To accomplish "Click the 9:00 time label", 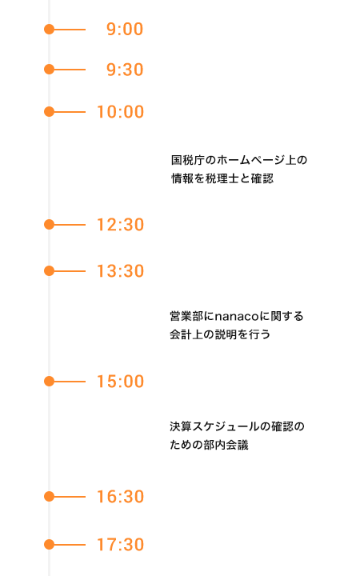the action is pos(125,29).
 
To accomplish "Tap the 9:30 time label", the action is pos(125,70).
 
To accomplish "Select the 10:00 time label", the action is pos(120,112).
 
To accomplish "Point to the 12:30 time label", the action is pos(120,225).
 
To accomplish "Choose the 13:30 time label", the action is pos(120,271).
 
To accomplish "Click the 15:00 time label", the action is pos(120,382).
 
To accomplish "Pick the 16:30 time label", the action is pos(120,497).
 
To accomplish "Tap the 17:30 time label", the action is pos(120,545).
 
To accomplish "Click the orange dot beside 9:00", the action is pos(50,29).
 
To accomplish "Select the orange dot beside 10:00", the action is pos(50,112).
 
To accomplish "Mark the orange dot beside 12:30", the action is pos(50,225).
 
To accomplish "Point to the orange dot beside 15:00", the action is pos(50,382).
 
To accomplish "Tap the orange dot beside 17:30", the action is pos(50,545).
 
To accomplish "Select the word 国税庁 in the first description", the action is pos(188,160).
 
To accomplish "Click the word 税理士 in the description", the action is pos(222,178).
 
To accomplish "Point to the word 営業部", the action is pos(186,316).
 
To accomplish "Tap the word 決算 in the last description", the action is pos(181,426).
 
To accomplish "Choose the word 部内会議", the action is pos(226,445).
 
